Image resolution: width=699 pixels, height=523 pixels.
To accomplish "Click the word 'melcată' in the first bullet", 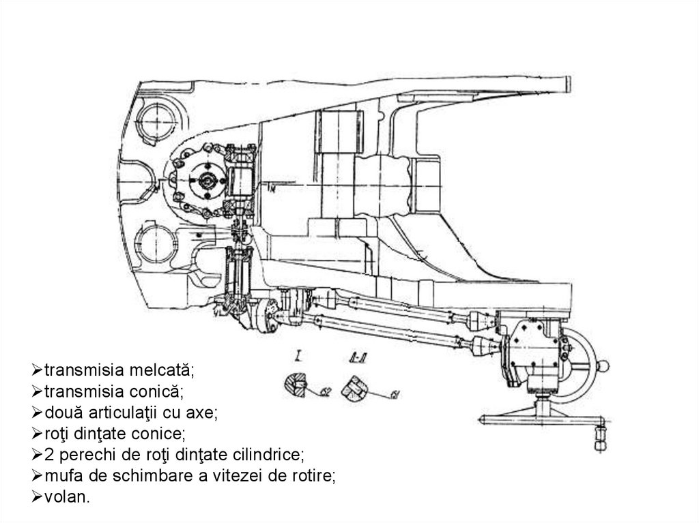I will coord(165,370).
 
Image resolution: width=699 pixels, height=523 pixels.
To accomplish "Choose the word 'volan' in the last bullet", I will coord(66,497).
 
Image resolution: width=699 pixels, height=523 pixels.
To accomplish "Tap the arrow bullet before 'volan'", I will coord(37,497).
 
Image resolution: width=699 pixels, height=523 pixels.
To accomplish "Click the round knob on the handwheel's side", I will coord(604,367).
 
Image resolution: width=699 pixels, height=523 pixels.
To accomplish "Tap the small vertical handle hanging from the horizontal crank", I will coord(601,436).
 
